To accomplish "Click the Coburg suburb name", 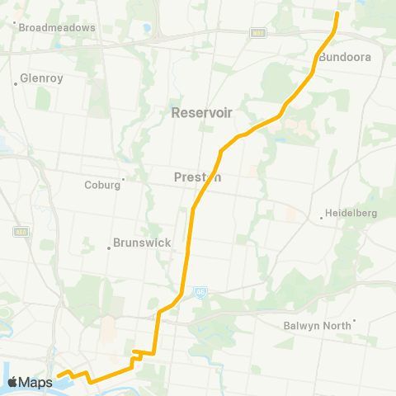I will [x=102, y=185].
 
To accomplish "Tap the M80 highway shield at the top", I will [x=258, y=32].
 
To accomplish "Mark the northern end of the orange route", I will [x=337, y=14].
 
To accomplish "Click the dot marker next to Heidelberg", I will [x=321, y=219].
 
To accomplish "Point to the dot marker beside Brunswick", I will [x=108, y=245].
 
